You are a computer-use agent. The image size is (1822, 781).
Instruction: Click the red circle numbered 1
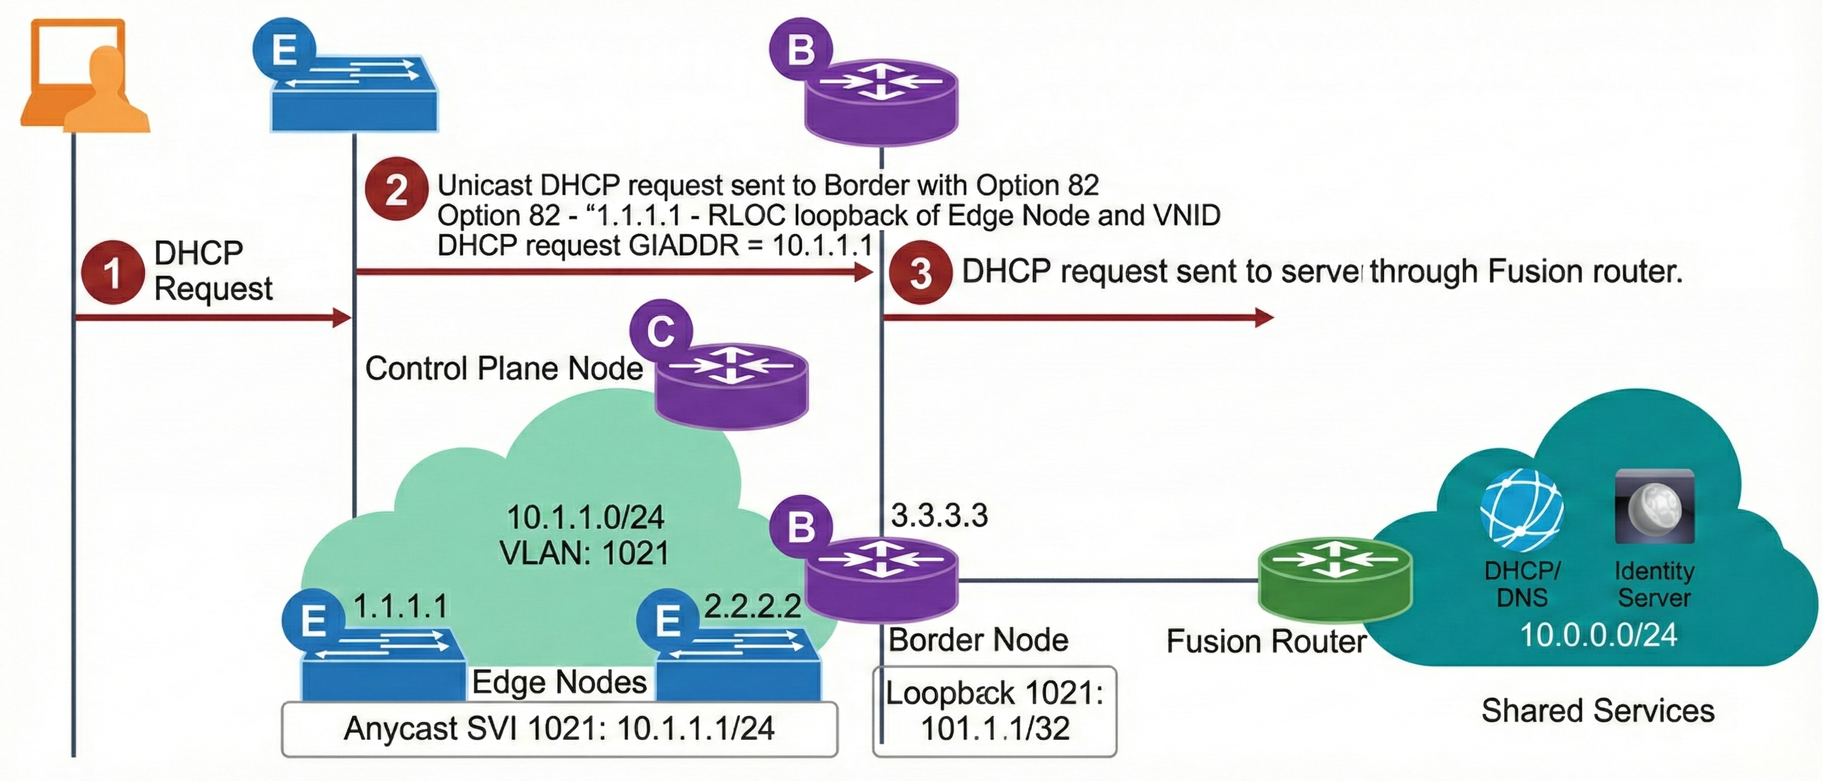pyautogui.click(x=113, y=273)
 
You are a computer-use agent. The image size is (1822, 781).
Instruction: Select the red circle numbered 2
pyautogui.click(x=396, y=188)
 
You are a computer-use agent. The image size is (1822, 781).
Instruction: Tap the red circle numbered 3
pyautogui.click(x=920, y=273)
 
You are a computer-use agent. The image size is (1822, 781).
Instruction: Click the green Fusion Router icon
pyautogui.click(x=1335, y=576)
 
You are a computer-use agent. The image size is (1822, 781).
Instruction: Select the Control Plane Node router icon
pyautogui.click(x=731, y=385)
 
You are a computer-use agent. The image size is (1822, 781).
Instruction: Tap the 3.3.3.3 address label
pyautogui.click(x=939, y=515)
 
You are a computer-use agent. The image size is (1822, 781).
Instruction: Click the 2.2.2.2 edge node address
pyautogui.click(x=752, y=606)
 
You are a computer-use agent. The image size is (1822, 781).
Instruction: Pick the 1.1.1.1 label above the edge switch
pyautogui.click(x=400, y=606)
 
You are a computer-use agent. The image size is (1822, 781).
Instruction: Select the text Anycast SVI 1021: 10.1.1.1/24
pyautogui.click(x=559, y=729)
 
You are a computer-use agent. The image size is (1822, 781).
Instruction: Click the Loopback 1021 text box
pyautogui.click(x=995, y=710)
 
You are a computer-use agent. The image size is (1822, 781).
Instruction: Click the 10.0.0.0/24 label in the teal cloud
pyautogui.click(x=1598, y=635)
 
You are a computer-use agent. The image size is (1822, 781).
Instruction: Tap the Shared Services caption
pyautogui.click(x=1598, y=710)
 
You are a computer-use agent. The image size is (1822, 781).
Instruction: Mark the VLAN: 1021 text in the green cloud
pyautogui.click(x=584, y=553)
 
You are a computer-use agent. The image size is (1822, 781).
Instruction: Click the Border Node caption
pyautogui.click(x=978, y=640)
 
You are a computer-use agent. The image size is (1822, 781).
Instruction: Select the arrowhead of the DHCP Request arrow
pyautogui.click(x=342, y=318)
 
